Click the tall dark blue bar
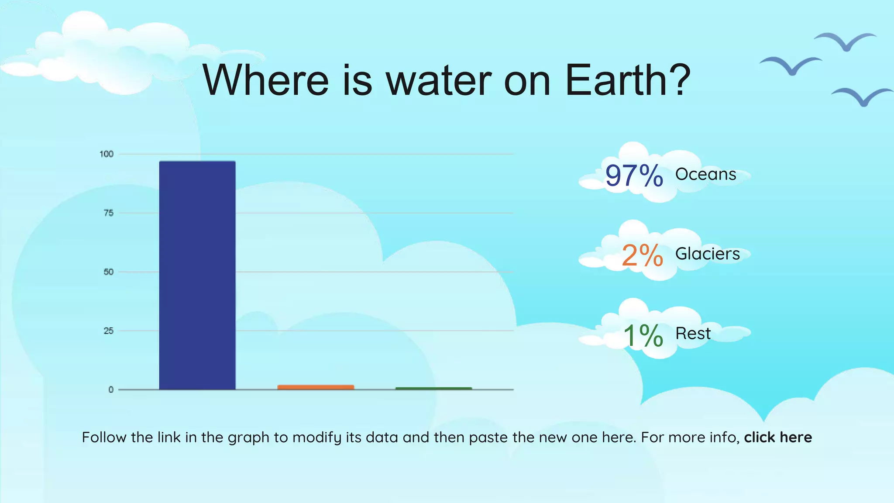click(197, 275)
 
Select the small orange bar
click(316, 387)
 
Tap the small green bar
click(433, 388)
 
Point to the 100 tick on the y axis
click(107, 154)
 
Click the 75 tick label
click(108, 213)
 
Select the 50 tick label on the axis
click(108, 272)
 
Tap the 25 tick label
click(108, 331)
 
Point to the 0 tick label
click(111, 389)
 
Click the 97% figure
click(634, 176)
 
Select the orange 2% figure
click(642, 255)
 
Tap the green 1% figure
click(643, 335)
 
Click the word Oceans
click(705, 174)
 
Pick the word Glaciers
click(707, 254)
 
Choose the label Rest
click(693, 334)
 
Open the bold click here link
click(777, 437)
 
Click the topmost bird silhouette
click(845, 41)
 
